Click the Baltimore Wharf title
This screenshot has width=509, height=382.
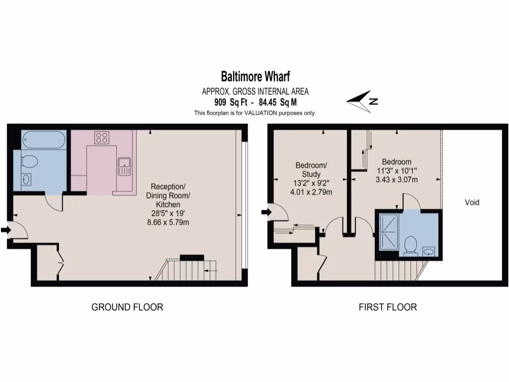[255, 77]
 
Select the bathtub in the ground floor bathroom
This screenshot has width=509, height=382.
[44, 139]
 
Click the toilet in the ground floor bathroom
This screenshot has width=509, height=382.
[30, 162]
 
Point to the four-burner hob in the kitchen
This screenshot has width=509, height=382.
[102, 137]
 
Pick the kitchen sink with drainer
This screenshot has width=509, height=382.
[124, 166]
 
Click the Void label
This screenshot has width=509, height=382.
[472, 202]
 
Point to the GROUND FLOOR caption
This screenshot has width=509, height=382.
[127, 307]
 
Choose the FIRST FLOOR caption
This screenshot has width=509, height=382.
[388, 307]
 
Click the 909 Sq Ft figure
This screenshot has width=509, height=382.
[227, 102]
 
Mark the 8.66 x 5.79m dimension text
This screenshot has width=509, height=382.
[168, 222]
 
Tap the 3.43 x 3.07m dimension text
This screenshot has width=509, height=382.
[396, 180]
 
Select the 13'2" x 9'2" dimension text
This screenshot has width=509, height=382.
[311, 183]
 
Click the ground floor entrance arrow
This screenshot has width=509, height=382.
[6, 230]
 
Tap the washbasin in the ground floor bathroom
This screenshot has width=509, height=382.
[26, 180]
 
